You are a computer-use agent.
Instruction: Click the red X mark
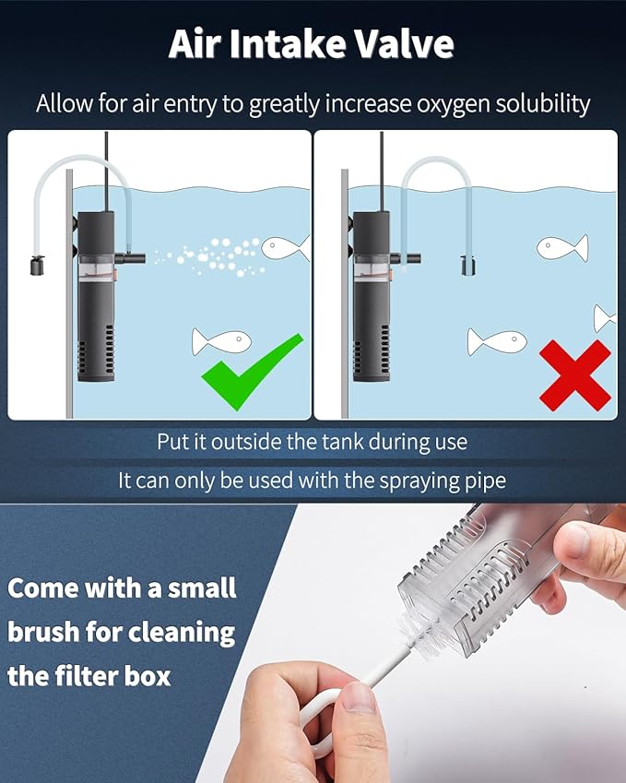coord(575,375)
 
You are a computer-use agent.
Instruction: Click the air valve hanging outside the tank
coord(37,266)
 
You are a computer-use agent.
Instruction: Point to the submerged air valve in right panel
coord(467,266)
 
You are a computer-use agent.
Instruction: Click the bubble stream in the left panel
coord(209,256)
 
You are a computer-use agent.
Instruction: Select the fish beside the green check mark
coord(221,342)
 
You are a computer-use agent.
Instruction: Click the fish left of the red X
coord(497,341)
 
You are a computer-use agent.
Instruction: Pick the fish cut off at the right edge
coord(605,318)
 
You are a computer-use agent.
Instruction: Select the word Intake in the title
coord(288,45)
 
